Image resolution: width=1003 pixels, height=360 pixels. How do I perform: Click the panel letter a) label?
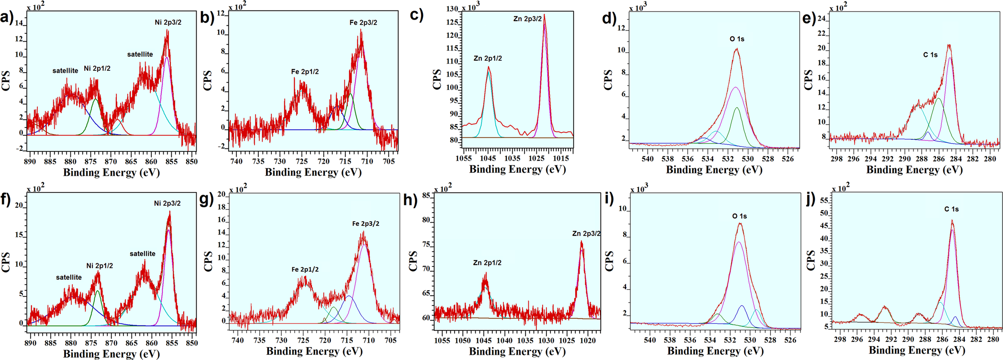7,18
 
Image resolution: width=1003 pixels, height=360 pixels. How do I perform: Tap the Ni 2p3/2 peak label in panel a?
168,22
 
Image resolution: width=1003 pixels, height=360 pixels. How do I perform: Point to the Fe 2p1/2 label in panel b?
305,72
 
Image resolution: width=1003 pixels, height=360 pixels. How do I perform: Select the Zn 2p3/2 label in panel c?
527,19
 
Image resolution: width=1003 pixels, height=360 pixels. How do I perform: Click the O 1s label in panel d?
737,39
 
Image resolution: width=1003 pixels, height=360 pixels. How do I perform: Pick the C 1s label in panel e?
930,55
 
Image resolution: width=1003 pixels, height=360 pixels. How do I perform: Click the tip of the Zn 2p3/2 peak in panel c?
544,15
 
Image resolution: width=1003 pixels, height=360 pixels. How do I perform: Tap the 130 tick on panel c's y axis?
452,9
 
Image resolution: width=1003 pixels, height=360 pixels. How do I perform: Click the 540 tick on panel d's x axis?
647,158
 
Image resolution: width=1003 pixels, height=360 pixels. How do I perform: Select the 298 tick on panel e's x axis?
836,158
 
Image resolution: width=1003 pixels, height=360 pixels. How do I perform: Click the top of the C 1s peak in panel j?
952,221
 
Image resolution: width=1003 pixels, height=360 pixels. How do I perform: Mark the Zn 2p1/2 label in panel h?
487,263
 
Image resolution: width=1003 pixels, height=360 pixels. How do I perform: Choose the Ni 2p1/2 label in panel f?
100,266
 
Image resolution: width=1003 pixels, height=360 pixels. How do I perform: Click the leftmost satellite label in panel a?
65,71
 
